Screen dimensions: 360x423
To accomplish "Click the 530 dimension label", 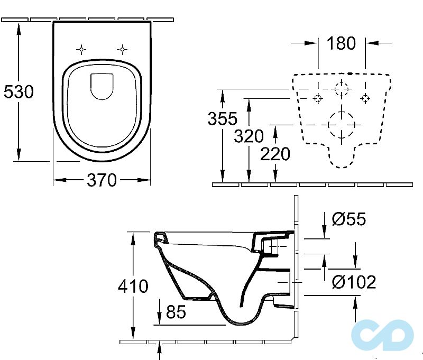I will point(19,92).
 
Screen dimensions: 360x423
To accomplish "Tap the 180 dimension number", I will point(342,43).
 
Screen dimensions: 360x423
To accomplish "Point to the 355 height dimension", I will point(222,119).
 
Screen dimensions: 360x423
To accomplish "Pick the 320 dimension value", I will point(249,136).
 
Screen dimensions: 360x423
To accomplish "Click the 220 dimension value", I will point(275,154).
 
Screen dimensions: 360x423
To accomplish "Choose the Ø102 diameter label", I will point(354,282).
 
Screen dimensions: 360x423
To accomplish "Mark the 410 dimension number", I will point(133,287).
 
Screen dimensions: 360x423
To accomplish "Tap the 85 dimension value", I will point(176,312).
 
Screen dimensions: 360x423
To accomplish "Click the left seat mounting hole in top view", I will point(81,50).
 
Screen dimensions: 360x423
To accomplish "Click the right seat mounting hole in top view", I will point(122,50).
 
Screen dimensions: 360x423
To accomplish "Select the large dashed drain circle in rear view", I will point(342,125).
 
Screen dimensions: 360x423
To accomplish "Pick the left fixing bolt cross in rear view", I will point(318,98).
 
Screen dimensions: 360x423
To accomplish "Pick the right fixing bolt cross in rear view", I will point(365,98).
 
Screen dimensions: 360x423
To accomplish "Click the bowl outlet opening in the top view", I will point(102,86).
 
